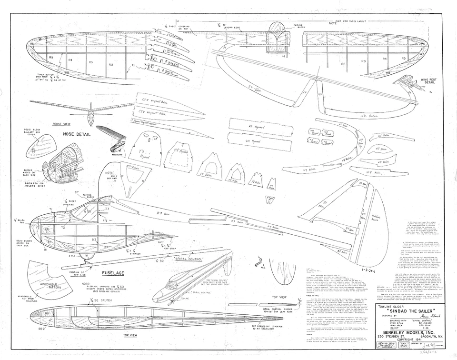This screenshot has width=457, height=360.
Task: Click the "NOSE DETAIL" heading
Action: [x=77, y=134]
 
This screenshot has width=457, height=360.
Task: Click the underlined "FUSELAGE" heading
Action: [x=114, y=273]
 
